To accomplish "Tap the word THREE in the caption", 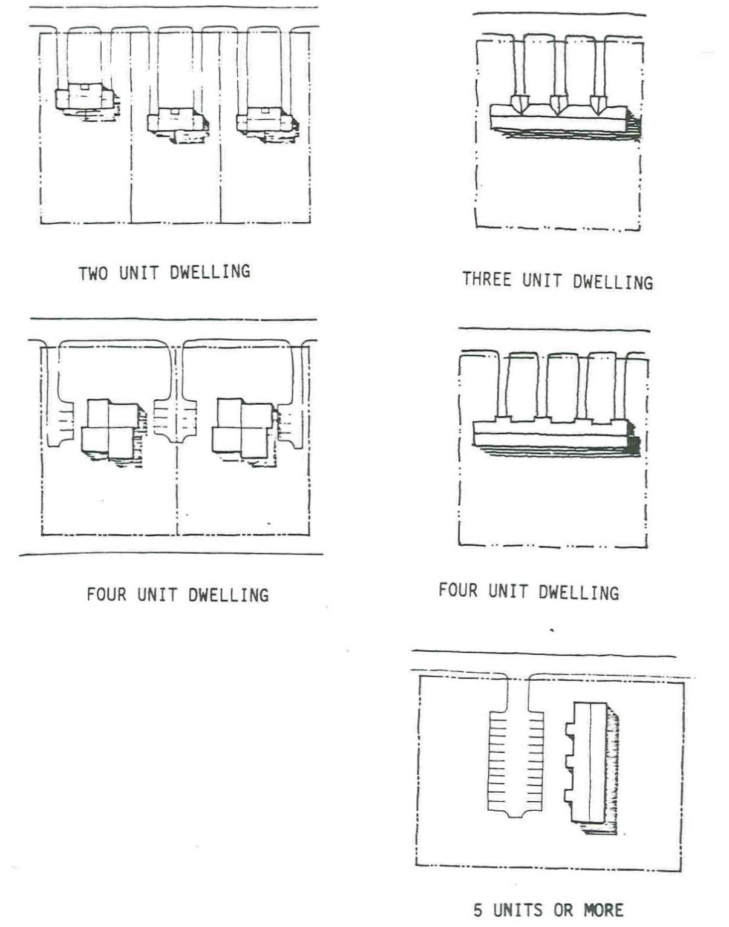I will [486, 280].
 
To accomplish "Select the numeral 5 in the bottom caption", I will [478, 909].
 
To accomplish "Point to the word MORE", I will [603, 909].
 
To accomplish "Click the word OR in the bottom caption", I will [563, 909].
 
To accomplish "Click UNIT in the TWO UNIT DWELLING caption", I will [139, 272].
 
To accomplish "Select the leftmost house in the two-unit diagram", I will [85, 98].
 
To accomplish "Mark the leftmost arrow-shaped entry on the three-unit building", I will [520, 103].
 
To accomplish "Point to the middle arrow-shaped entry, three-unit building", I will [558, 104].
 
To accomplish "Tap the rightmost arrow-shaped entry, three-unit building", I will [598, 104].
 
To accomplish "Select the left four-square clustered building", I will [109, 428].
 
